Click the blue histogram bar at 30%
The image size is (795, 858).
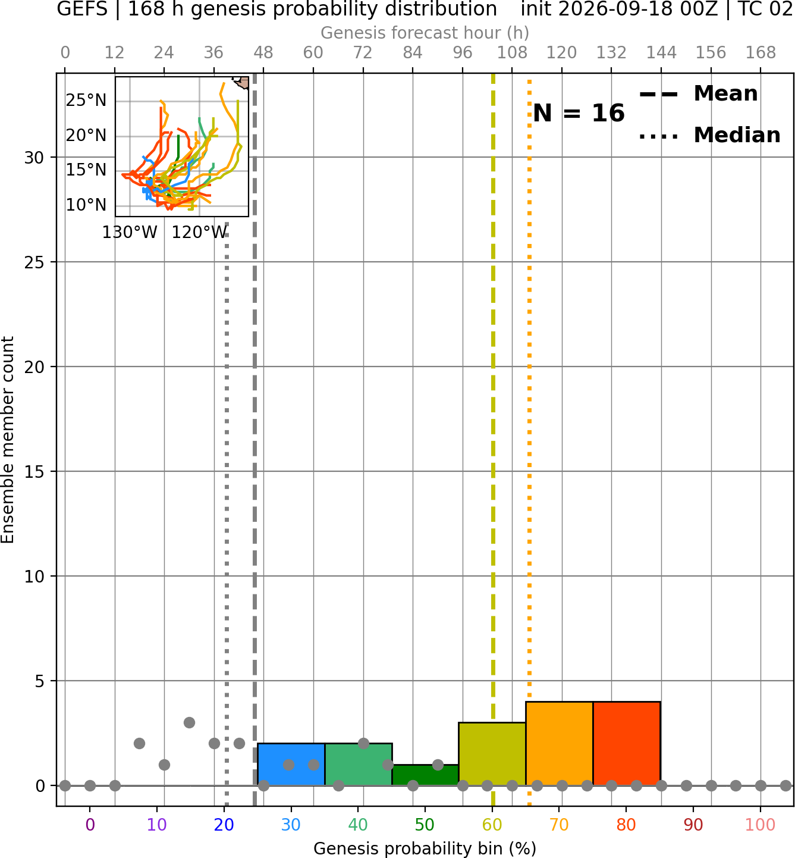(x=291, y=764)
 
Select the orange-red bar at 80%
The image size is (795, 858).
(x=627, y=744)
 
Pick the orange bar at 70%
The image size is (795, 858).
(x=559, y=744)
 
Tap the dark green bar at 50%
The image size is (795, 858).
(x=425, y=775)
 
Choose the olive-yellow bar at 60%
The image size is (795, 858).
(x=492, y=754)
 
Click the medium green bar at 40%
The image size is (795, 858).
(x=359, y=764)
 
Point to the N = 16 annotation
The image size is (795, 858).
(x=579, y=113)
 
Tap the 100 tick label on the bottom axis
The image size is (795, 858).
(x=760, y=825)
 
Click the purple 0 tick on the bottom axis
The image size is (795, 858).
(x=90, y=825)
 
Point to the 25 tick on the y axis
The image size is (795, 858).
(x=34, y=262)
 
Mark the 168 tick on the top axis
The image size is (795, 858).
(x=761, y=53)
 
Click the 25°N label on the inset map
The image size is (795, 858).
(x=86, y=100)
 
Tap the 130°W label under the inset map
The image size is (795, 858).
(x=130, y=233)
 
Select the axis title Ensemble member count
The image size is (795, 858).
(x=7, y=440)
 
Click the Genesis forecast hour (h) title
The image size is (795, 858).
(x=425, y=33)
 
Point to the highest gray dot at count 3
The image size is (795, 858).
(x=189, y=722)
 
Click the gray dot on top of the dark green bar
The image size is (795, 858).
(x=438, y=765)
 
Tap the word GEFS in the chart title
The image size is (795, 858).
(x=82, y=9)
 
